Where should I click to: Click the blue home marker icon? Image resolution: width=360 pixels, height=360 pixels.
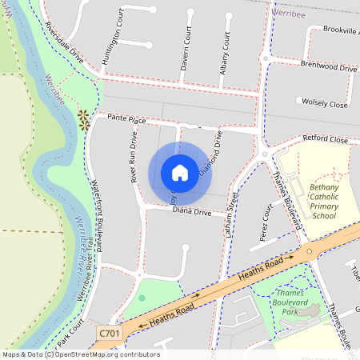click(x=180, y=172)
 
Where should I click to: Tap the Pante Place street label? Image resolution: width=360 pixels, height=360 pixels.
click(x=127, y=120)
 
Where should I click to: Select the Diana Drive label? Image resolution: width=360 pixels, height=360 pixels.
click(x=192, y=212)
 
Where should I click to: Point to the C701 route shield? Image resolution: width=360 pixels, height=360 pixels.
click(x=111, y=331)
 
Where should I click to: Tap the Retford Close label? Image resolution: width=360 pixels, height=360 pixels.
click(x=326, y=139)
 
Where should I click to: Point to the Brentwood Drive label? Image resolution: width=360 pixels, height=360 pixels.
click(x=328, y=67)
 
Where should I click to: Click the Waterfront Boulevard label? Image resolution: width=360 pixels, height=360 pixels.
click(x=98, y=209)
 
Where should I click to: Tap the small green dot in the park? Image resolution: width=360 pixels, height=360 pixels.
click(x=142, y=298)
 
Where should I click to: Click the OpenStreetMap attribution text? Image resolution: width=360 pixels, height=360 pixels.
click(x=80, y=354)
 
